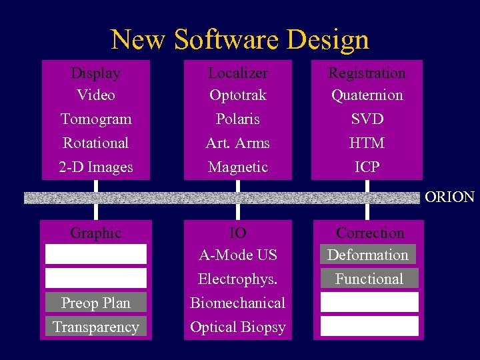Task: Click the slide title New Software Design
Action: (x=240, y=39)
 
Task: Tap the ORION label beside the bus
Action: (x=449, y=197)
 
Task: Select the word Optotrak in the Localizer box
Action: (x=238, y=95)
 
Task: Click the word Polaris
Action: (x=238, y=119)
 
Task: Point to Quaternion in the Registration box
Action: (x=367, y=95)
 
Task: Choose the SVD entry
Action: (x=367, y=119)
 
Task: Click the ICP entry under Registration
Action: (x=367, y=167)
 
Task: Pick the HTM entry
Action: (x=367, y=143)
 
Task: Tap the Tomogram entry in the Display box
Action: (x=96, y=119)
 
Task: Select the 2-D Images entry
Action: (x=96, y=167)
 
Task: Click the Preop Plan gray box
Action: (x=96, y=303)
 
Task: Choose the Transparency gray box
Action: (x=96, y=327)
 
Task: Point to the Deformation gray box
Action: (x=368, y=255)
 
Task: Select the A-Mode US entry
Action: (x=238, y=255)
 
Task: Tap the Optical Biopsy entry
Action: (x=238, y=327)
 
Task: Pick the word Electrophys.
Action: (x=238, y=279)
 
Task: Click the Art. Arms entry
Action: (x=238, y=143)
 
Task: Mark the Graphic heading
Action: (x=96, y=233)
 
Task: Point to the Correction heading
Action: (x=370, y=233)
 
